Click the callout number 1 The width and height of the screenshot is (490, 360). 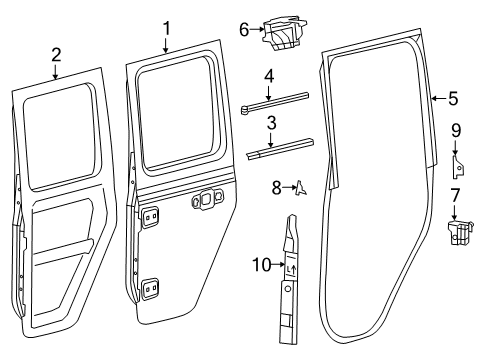(168, 28)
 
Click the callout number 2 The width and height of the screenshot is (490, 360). (56, 55)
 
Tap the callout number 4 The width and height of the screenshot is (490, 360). (269, 75)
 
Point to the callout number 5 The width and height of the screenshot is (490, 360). (453, 98)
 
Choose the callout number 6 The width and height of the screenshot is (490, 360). (243, 30)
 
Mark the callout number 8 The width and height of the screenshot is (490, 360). (276, 186)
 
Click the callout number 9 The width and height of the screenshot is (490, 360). (455, 130)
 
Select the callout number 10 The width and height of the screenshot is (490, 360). (259, 265)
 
